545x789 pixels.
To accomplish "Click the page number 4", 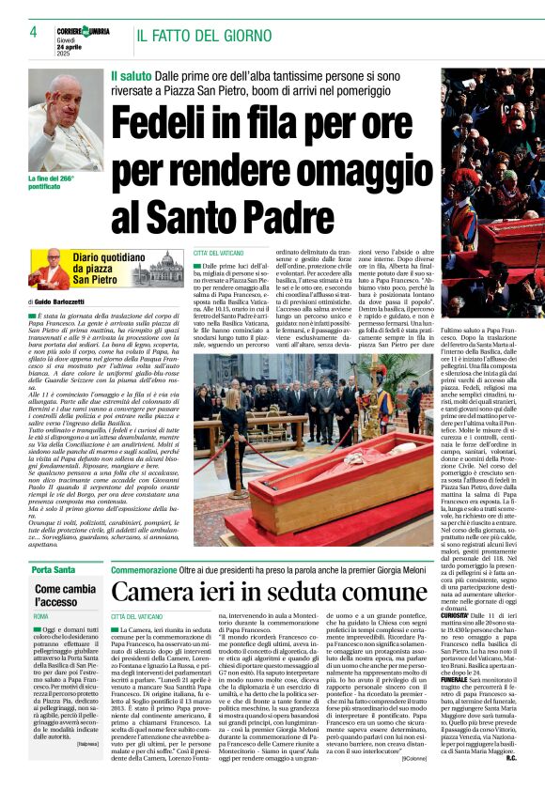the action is (33, 32).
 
